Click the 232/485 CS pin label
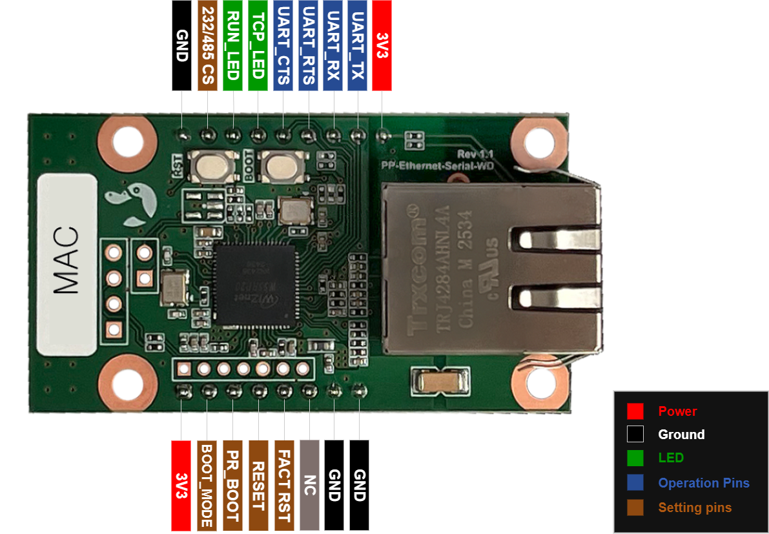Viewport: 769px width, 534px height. click(208, 45)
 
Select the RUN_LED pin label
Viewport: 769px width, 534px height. click(232, 45)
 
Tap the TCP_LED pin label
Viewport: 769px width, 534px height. click(258, 45)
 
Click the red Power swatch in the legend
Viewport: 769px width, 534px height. click(635, 411)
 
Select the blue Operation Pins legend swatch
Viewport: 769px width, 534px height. click(635, 483)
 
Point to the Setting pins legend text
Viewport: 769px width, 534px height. click(695, 508)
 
